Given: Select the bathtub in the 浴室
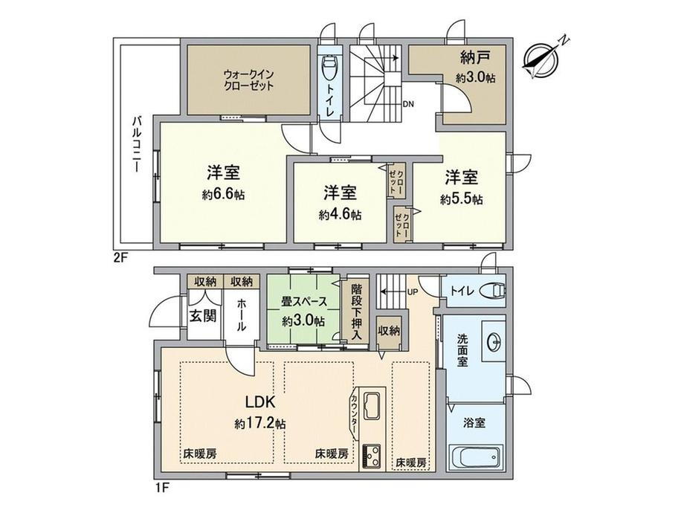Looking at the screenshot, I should [x=476, y=456].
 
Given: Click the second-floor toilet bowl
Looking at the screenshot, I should [x=331, y=71].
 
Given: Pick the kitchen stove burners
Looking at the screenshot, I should [x=372, y=452].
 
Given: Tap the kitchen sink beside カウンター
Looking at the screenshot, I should [x=372, y=407].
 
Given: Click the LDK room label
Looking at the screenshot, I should [x=261, y=403].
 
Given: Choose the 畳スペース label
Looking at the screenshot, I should [x=303, y=303].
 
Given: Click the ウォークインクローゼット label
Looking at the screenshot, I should [x=248, y=80].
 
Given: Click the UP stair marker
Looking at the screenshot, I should [x=412, y=291].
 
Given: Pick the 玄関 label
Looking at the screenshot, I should [x=201, y=314].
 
